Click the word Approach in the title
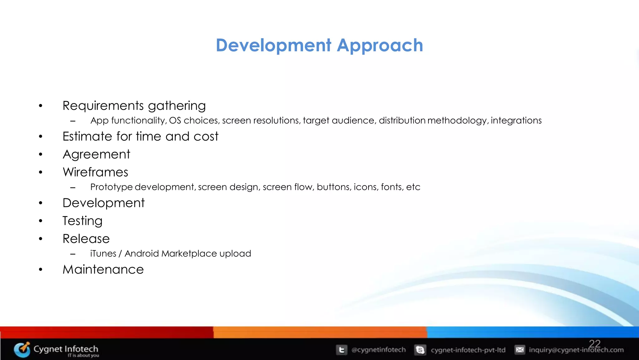click(380, 46)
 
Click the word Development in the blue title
click(273, 46)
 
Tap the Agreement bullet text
click(96, 154)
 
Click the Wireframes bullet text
click(95, 172)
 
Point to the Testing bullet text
click(82, 221)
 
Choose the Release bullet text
click(86, 239)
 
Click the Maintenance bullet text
click(103, 269)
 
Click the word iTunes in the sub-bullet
click(103, 254)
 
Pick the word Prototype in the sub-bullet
click(111, 187)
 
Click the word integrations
click(516, 121)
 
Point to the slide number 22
click(594, 344)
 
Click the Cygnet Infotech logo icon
click(22, 350)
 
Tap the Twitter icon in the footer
click(342, 350)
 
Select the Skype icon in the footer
click(420, 350)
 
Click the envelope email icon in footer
click(520, 350)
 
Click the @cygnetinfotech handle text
click(378, 350)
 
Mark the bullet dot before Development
click(41, 203)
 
